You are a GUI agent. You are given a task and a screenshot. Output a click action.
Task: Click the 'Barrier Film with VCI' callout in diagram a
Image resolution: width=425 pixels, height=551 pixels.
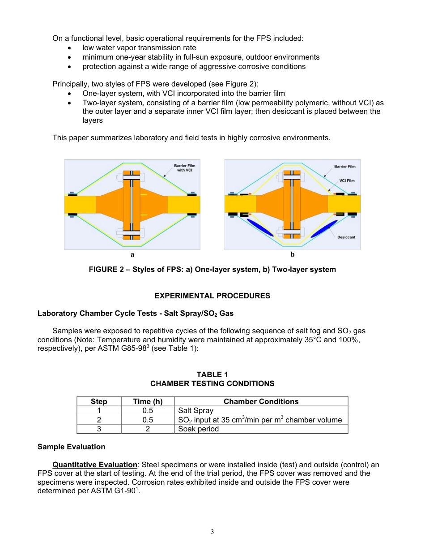pos(184,168)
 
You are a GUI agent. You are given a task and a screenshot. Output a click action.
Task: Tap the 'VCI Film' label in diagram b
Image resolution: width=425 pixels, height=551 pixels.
pos(347,181)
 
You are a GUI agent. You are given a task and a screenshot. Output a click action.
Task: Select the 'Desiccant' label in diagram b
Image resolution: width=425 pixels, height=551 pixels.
pos(346,237)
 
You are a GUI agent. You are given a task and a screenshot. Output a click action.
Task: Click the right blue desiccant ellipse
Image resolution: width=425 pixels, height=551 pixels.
pos(324,228)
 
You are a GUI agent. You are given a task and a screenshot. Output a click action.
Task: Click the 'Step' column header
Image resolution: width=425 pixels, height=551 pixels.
pos(99,401)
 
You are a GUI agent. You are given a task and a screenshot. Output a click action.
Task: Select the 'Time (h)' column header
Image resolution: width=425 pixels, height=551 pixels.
pos(148,401)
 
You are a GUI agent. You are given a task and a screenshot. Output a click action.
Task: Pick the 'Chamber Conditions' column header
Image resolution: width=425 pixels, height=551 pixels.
pos(261,401)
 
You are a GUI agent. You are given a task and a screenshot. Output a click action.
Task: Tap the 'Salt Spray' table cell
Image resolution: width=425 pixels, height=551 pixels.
pos(195,410)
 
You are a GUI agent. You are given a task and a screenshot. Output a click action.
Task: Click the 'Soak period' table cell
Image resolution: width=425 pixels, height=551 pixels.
pos(198,429)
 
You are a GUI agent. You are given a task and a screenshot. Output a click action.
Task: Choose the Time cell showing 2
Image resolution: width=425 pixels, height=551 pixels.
pos(148,429)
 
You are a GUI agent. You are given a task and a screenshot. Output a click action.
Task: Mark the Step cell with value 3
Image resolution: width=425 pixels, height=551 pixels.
pos(99,429)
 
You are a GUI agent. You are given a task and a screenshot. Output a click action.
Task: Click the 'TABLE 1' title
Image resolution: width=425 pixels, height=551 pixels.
pos(212,375)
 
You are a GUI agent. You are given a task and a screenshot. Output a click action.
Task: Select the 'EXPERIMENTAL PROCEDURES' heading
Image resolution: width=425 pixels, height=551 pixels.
pos(212,296)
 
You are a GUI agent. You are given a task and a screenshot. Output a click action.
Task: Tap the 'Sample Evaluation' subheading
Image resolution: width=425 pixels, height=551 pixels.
pos(71,447)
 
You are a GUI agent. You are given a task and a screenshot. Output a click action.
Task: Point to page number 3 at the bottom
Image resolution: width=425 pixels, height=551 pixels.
pos(212,532)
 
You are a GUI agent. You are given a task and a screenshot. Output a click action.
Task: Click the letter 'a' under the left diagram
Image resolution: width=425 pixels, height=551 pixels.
pos(132,254)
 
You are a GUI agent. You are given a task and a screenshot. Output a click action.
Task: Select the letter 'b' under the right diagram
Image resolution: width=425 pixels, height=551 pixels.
pos(293,254)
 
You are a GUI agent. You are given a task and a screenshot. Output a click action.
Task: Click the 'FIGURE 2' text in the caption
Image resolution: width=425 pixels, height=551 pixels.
pos(106,269)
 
